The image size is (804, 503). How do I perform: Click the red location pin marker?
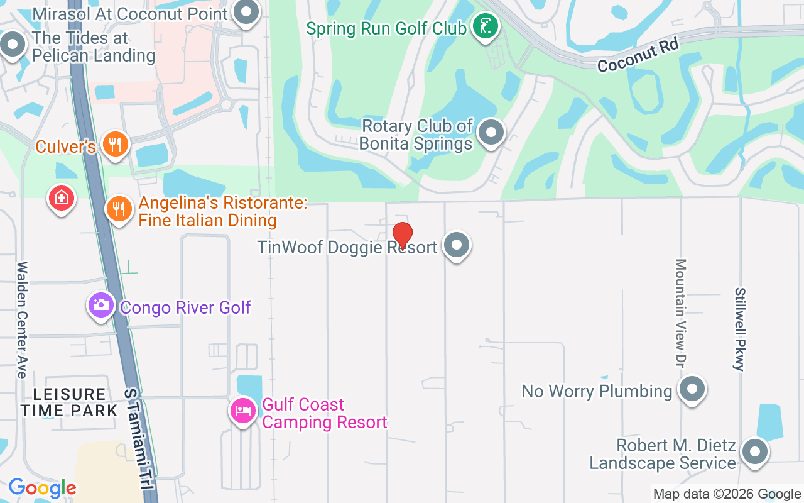402,235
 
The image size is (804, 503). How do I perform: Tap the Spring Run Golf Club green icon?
486,26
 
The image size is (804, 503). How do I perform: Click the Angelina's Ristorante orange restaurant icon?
118,208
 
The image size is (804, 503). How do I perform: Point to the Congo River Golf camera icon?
101,306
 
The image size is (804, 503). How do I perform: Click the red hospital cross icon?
61,199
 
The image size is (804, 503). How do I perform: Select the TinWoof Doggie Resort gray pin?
457,245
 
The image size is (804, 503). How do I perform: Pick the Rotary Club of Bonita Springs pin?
491,133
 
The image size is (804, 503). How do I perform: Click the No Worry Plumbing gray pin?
692,389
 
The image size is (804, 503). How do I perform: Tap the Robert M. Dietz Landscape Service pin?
755,452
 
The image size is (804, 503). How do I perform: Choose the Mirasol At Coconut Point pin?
246,12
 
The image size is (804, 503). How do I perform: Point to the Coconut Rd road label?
638,55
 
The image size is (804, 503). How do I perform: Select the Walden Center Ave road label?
22,320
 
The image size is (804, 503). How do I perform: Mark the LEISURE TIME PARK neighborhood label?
69,402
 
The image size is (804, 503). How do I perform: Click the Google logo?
42,488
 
